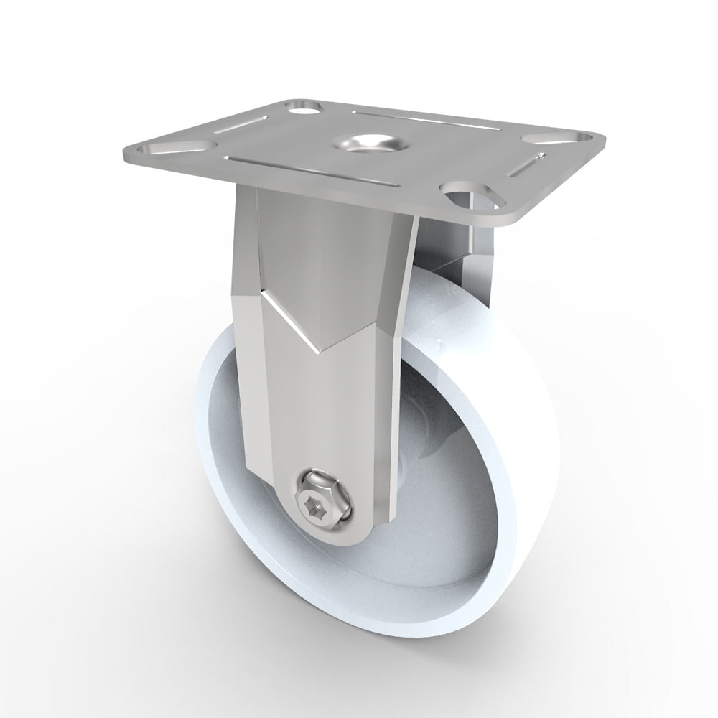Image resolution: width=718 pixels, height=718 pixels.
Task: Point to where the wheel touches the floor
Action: click(402, 657)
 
